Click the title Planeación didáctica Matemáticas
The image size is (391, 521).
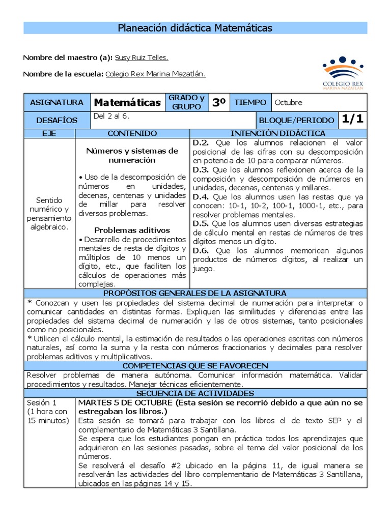pyautogui.click(x=195, y=28)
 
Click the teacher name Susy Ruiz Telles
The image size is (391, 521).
pyautogui.click(x=142, y=57)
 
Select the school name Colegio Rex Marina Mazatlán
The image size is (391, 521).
pyautogui.click(x=155, y=74)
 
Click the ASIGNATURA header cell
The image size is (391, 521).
pyautogui.click(x=57, y=103)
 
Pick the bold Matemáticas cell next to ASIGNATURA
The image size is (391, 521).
pyautogui.click(x=127, y=103)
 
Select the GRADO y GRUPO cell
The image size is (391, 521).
pyautogui.click(x=186, y=102)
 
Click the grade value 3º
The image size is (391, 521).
pyautogui.click(x=219, y=103)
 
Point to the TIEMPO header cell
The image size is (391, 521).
pyautogui.click(x=250, y=103)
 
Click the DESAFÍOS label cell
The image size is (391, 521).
pyautogui.click(x=57, y=121)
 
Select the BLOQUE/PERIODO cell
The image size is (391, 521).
pyautogui.click(x=296, y=121)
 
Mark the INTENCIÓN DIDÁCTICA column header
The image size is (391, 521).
pyautogui.click(x=279, y=133)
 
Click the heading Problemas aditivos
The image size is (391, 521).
pyautogui.click(x=132, y=230)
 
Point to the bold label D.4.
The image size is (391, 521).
pyautogui.click(x=201, y=196)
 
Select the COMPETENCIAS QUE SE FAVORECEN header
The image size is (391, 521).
pyautogui.click(x=195, y=366)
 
